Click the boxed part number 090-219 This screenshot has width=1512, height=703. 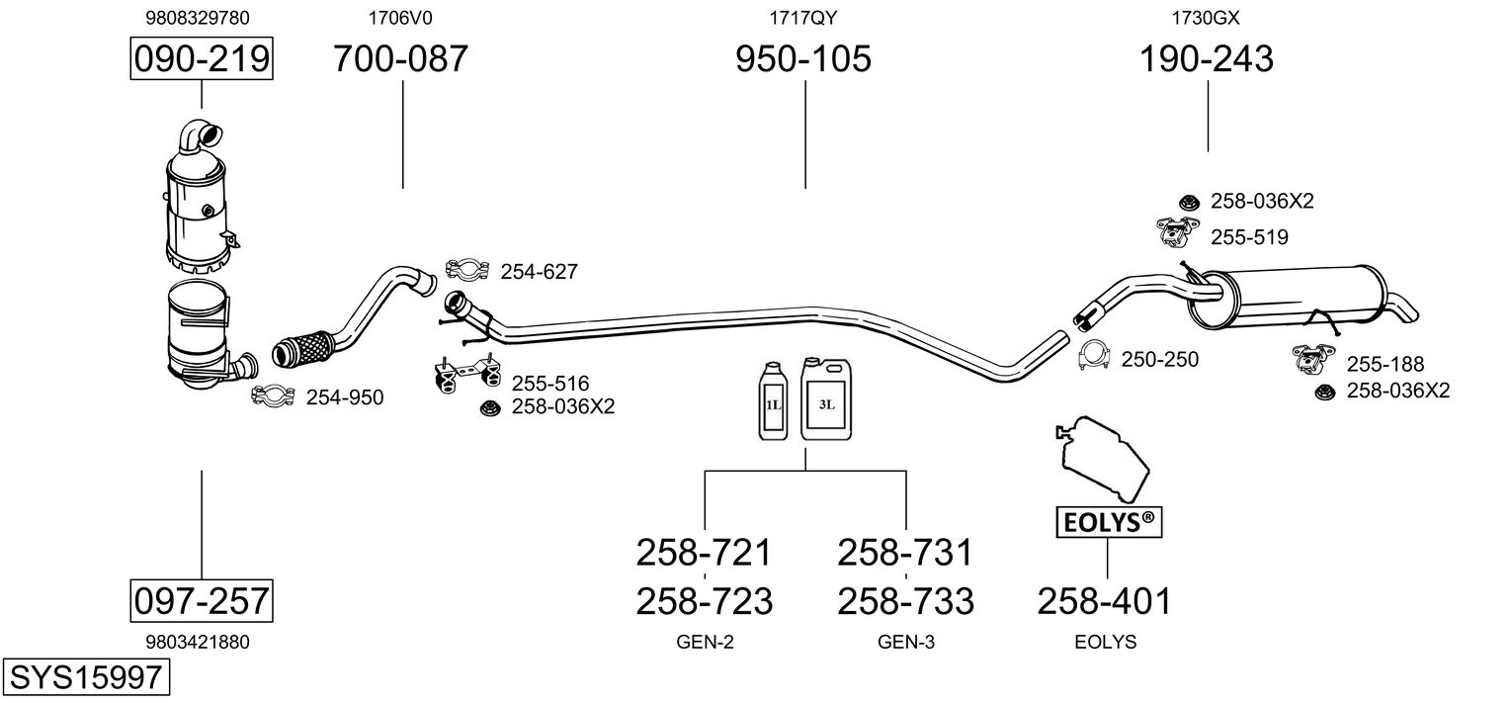point(202,59)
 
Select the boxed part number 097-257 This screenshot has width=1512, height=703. point(202,600)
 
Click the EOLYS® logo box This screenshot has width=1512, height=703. point(1107,522)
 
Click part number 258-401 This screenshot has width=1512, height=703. point(1104,600)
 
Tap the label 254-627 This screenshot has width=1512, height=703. point(539,271)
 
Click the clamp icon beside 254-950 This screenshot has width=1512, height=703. point(274,396)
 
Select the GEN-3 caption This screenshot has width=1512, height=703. point(905,642)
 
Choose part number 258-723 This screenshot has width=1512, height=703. point(704,600)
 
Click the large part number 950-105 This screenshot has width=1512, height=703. point(803,59)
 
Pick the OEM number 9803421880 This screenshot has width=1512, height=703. point(197,642)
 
